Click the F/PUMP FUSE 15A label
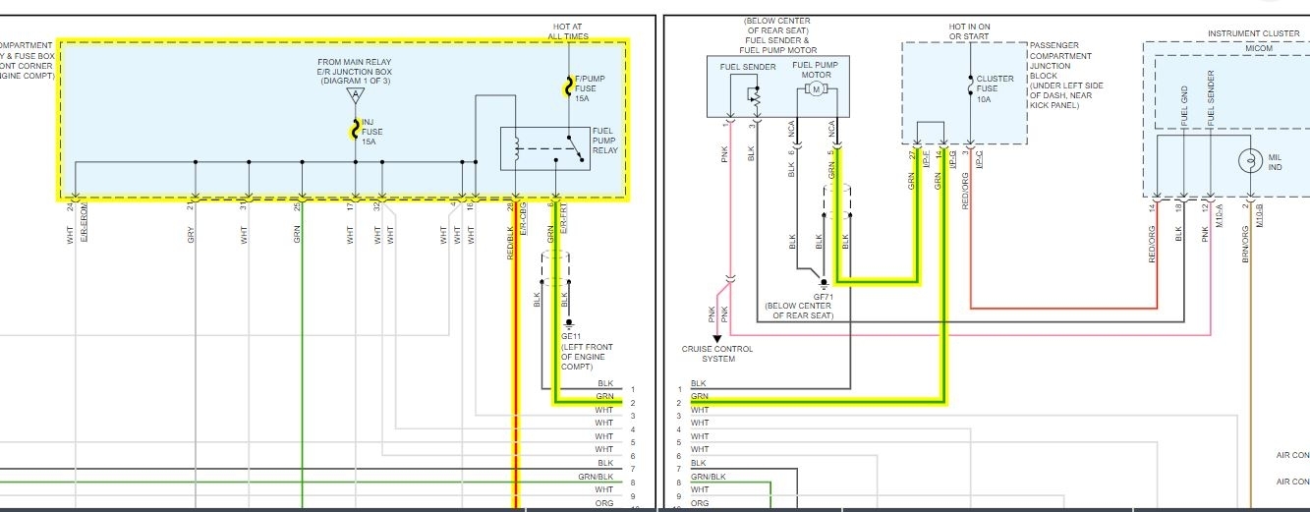[x=587, y=88]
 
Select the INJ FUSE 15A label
[x=370, y=132]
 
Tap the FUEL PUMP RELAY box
[x=545, y=148]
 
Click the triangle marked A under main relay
[x=355, y=95]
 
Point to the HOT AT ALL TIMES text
[x=568, y=30]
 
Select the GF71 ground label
[x=824, y=296]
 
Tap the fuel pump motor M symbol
[x=815, y=89]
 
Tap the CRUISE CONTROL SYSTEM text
[x=717, y=354]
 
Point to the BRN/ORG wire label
[x=1246, y=243]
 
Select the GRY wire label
[x=192, y=236]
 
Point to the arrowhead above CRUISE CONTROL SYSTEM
[x=716, y=338]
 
